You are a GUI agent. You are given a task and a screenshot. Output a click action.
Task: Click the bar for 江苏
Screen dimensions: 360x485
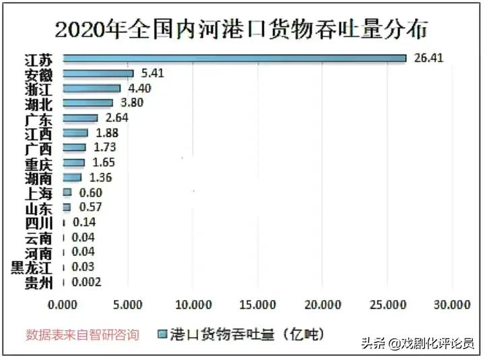234,59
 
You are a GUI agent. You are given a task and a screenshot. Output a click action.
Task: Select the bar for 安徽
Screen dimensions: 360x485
98,73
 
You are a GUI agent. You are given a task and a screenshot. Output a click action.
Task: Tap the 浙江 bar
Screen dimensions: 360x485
92,88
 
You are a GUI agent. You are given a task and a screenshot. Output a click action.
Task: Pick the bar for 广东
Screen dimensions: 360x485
80,118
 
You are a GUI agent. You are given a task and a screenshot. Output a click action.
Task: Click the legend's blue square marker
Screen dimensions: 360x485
162,334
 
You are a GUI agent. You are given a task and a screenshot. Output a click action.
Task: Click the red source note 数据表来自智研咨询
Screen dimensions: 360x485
82,334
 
